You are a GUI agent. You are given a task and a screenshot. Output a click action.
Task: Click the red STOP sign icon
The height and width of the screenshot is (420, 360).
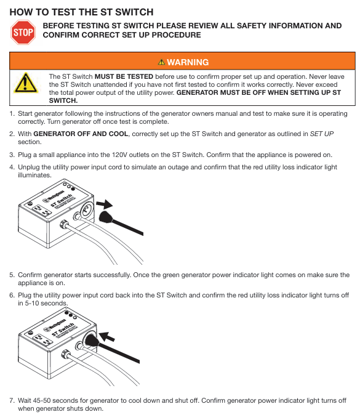click(23, 32)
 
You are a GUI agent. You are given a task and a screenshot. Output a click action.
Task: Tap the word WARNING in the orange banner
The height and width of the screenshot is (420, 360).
click(188, 62)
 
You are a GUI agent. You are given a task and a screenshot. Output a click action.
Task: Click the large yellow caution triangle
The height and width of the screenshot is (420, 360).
click(25, 83)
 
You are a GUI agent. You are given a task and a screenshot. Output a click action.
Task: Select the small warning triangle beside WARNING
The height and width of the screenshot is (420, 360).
click(161, 62)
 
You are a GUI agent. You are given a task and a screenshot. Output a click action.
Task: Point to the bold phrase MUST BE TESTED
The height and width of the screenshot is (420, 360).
click(124, 76)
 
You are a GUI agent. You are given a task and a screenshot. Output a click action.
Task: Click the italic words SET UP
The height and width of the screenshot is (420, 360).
click(322, 134)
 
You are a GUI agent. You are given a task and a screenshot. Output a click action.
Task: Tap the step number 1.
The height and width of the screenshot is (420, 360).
click(12, 113)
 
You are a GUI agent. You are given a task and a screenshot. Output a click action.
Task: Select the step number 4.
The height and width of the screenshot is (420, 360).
click(12, 167)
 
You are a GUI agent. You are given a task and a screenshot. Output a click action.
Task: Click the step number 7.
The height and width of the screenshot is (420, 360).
click(12, 400)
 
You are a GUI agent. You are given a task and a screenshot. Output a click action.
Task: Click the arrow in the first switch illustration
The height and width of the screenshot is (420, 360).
click(105, 204)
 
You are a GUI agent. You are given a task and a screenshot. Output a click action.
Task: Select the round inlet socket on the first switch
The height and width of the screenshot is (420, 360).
click(87, 209)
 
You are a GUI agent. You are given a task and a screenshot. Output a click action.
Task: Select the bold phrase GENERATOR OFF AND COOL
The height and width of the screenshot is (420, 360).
click(81, 134)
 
